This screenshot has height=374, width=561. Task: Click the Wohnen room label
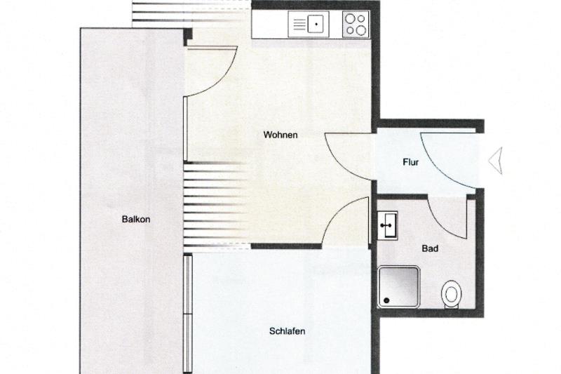pos(280,135)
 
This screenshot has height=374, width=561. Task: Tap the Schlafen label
pos(287,331)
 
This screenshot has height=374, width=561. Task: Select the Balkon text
pos(135,219)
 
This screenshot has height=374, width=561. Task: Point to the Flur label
pos(410,162)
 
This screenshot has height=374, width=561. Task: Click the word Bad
pos(430,248)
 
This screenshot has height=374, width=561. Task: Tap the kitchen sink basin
pos(316,24)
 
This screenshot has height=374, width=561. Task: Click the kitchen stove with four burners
pos(356,24)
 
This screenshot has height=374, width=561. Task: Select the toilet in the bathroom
pos(451,294)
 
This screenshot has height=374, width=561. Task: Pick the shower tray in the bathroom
pos(398,287)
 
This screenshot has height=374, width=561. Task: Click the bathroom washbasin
pos(388,225)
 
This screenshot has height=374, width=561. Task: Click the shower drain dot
pos(386,300)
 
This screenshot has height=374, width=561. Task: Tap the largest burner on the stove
pos(361,30)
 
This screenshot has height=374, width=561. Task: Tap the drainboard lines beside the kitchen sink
pos(299,24)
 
